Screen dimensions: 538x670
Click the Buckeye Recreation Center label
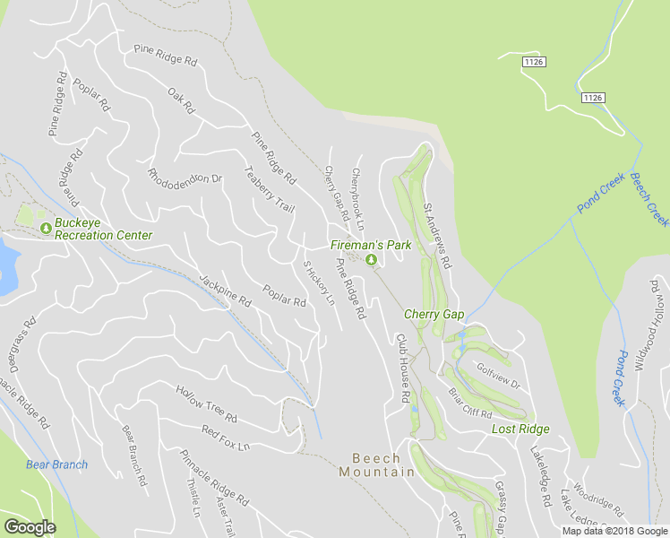pos(103,230)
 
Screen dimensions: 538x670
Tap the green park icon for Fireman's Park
pos(373,261)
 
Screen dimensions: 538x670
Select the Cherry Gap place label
pos(434,314)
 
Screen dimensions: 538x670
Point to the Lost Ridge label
pos(520,430)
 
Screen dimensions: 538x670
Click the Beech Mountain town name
pos(376,464)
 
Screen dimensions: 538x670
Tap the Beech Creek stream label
pos(648,199)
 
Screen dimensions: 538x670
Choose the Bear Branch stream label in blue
pos(57,464)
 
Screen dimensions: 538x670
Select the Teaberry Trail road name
pos(269,189)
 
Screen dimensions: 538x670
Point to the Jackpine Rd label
pos(225,291)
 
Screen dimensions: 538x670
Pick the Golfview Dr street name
pos(497,376)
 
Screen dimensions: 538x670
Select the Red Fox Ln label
pos(225,438)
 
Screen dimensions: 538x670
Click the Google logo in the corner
pos(30,527)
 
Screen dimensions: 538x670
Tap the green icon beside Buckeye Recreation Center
pos(45,230)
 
